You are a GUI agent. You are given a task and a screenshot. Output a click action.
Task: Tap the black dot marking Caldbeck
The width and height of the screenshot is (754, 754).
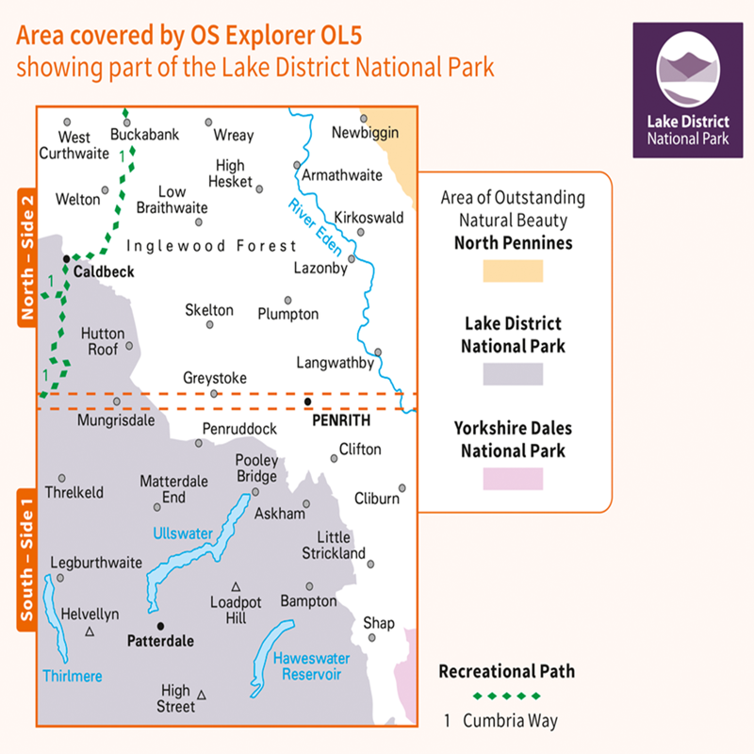[x=66, y=258]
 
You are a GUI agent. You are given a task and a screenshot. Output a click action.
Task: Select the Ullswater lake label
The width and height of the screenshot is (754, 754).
[x=183, y=533]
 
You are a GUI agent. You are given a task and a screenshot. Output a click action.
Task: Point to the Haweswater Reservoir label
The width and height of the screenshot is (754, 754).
[x=306, y=667]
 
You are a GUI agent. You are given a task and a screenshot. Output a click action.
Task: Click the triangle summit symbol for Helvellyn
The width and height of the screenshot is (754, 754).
[x=90, y=632]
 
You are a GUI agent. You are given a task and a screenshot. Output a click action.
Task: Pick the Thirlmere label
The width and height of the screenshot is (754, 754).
[x=73, y=676]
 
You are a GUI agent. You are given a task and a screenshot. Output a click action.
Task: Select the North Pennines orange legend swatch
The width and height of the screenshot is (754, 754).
[x=513, y=270]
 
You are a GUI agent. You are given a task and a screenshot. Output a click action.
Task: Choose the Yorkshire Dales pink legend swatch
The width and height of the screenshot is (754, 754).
[x=513, y=478]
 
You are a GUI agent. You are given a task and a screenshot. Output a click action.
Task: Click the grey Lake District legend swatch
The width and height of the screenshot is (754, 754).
[x=513, y=374]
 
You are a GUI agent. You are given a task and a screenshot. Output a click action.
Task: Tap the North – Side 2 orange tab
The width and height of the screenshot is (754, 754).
[x=26, y=256]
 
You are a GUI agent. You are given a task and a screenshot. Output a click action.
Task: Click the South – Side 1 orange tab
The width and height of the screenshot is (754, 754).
[x=26, y=558]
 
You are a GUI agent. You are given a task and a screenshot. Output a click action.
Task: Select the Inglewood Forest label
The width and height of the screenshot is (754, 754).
[x=212, y=246]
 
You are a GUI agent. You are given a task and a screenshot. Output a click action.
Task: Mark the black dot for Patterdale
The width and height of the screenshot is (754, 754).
[x=160, y=626]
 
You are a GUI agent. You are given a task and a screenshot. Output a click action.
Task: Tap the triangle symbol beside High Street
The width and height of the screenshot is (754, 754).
[x=202, y=696]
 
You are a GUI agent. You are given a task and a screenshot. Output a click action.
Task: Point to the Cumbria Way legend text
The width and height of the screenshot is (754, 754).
[x=510, y=721]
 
